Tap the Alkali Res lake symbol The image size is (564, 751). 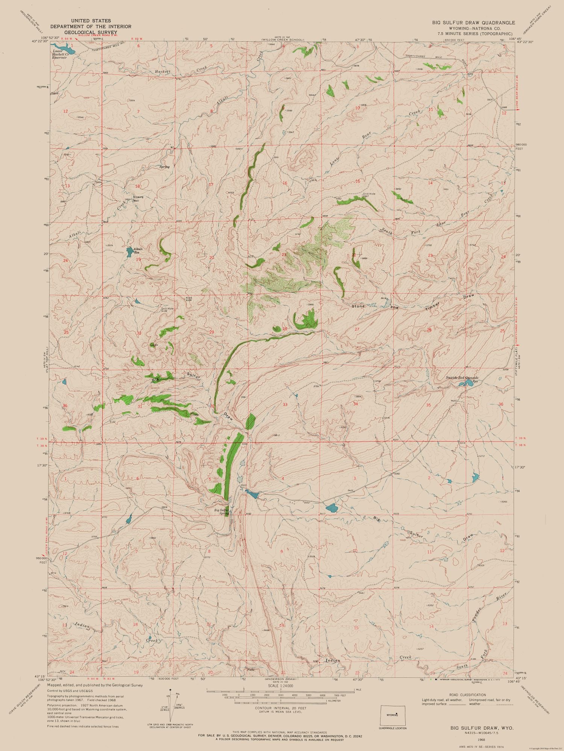coord(129,250)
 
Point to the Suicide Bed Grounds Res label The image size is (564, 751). coord(462,377)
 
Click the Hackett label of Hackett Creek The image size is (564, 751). coord(163,71)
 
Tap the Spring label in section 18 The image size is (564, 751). coord(164,167)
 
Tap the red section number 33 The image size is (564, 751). coord(285,404)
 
